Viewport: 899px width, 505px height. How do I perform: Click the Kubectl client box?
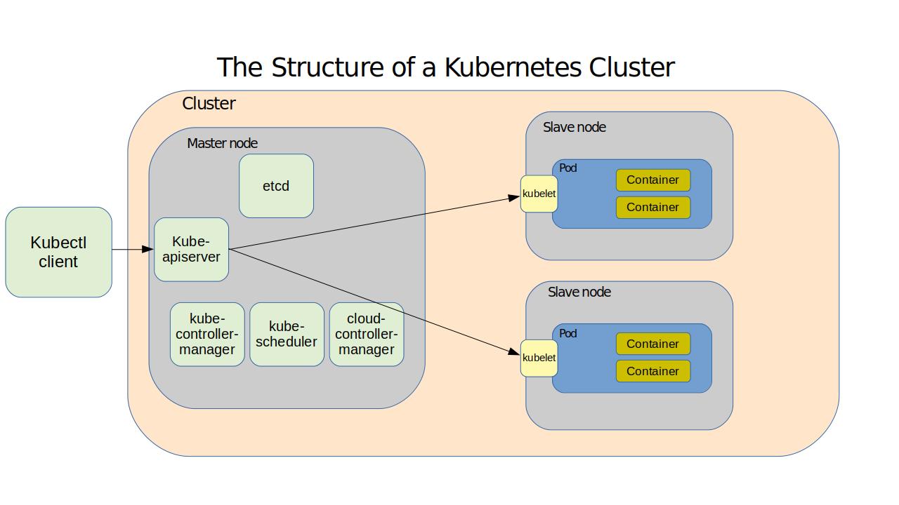pyautogui.click(x=59, y=252)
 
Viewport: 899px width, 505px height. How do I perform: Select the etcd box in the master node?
pyautogui.click(x=276, y=186)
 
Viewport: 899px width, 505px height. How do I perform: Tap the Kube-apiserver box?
pyautogui.click(x=191, y=249)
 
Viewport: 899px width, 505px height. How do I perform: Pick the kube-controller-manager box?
pyautogui.click(x=207, y=334)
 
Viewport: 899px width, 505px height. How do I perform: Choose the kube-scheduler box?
pyautogui.click(x=287, y=334)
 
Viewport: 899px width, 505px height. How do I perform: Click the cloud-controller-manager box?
pyautogui.click(x=367, y=334)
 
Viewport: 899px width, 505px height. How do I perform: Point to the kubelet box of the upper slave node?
pyautogui.click(x=539, y=194)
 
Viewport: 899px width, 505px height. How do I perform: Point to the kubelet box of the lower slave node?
pyautogui.click(x=539, y=358)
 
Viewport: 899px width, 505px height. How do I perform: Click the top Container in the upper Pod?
pyautogui.click(x=653, y=180)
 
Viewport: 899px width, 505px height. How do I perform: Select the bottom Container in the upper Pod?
pyautogui.click(x=653, y=208)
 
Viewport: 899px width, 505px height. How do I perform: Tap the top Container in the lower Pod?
pyautogui.click(x=653, y=344)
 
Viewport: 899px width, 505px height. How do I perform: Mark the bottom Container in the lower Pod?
pyautogui.click(x=653, y=371)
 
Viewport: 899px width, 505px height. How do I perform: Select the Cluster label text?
pyautogui.click(x=209, y=104)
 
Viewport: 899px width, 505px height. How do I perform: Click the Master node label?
pyautogui.click(x=222, y=143)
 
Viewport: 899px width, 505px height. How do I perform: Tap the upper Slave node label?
pyautogui.click(x=574, y=127)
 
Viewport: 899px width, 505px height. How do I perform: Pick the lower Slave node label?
pyautogui.click(x=579, y=292)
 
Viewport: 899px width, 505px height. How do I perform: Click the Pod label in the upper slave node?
pyautogui.click(x=567, y=168)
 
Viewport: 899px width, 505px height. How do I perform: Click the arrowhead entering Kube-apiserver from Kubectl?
pyautogui.click(x=147, y=249)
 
